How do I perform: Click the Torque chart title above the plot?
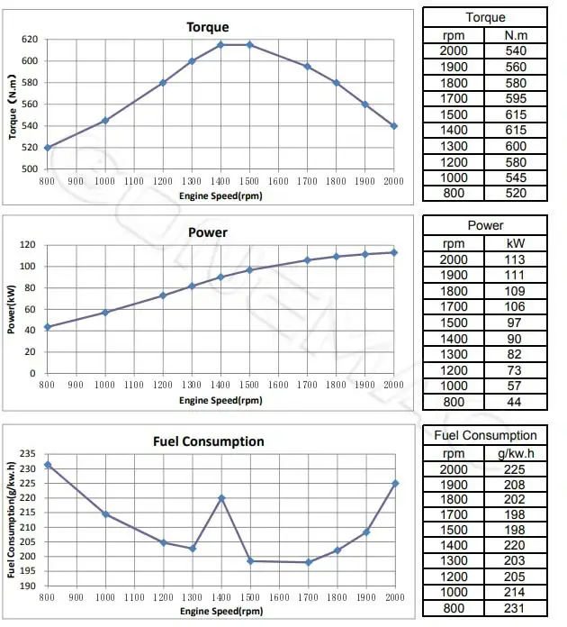[207, 27]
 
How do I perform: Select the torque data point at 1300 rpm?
[192, 61]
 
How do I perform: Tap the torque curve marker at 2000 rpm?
[394, 126]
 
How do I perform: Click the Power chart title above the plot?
[207, 232]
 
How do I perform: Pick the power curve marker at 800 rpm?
[48, 327]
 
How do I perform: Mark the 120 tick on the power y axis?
[30, 245]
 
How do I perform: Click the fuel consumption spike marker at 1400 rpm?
[220, 498]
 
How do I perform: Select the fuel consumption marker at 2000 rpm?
[394, 484]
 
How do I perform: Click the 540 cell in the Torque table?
[516, 51]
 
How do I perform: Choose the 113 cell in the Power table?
[516, 259]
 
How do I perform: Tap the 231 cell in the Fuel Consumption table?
[516, 608]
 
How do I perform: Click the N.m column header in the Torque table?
[516, 35]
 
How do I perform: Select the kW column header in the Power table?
[516, 242]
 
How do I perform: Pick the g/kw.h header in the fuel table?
[516, 453]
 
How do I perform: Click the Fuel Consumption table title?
[485, 436]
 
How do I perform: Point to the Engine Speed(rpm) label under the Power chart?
[220, 401]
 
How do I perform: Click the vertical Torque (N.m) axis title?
[13, 104]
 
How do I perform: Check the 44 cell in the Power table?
[516, 403]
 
